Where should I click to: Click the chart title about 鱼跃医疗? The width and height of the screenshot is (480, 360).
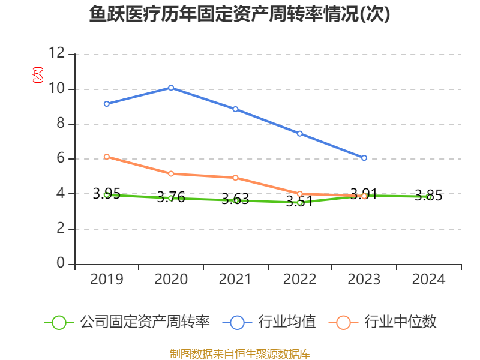click(x=240, y=14)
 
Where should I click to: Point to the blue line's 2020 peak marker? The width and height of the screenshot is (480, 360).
click(x=171, y=88)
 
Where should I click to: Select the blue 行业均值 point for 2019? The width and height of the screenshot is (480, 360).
click(x=106, y=104)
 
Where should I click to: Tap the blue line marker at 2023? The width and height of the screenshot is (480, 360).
click(x=364, y=158)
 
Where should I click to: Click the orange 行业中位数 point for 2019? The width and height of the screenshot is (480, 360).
click(x=106, y=157)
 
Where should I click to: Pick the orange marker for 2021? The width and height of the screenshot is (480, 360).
click(x=235, y=178)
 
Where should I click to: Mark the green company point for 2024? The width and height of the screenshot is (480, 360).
click(x=429, y=197)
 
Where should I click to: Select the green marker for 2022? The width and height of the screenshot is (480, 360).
click(x=300, y=203)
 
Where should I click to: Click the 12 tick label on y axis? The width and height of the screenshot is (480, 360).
click(x=57, y=54)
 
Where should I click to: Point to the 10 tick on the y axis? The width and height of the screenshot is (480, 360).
click(x=57, y=89)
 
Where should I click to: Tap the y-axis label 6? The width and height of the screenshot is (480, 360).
click(x=61, y=159)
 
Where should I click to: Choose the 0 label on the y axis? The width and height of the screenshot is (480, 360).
click(x=61, y=264)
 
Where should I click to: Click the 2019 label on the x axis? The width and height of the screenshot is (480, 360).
click(x=106, y=280)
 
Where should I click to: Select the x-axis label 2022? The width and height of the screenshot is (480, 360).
click(x=300, y=280)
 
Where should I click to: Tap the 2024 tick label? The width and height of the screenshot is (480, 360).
click(x=429, y=280)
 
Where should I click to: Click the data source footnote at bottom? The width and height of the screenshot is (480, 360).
click(x=240, y=353)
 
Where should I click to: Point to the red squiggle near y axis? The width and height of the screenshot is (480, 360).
click(x=38, y=75)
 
